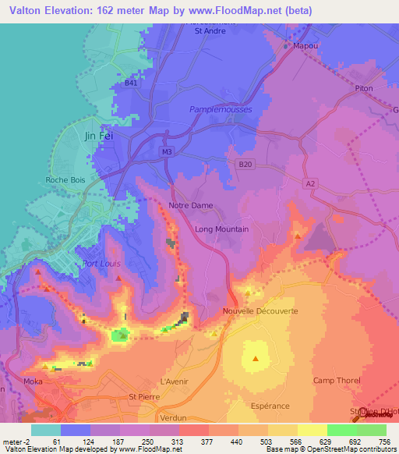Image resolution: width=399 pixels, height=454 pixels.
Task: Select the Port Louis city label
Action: click(102, 264)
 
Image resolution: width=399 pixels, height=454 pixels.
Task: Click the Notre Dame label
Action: click(191, 206)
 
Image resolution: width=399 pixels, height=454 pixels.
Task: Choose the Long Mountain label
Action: click(222, 229)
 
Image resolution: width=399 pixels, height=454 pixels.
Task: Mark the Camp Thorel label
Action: click(337, 381)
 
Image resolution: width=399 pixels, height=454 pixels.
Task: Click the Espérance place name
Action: click(270, 406)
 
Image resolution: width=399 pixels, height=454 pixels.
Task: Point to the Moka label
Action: click(54, 381)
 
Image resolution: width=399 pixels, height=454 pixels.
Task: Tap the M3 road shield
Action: click(167, 151)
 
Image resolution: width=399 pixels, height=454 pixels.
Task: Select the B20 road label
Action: click(246, 164)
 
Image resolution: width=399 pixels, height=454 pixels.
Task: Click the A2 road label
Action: click(312, 183)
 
